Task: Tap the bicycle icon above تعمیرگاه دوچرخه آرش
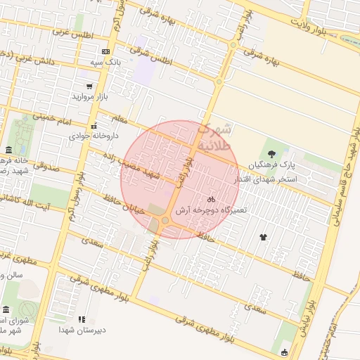(x=211, y=199)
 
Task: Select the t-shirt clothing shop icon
(x=264, y=237)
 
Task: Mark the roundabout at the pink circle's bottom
(x=165, y=222)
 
